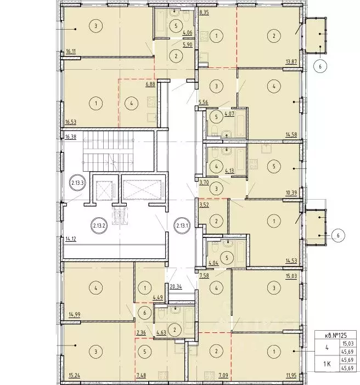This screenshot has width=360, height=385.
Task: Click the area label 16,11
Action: pos(71,52)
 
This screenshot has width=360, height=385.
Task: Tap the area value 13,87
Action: pos(291,62)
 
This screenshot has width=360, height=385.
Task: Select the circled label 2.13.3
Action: pos(78,183)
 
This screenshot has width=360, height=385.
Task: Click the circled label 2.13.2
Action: pos(99,225)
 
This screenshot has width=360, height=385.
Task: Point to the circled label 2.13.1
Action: pos(182,225)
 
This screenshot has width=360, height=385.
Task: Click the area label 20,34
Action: pos(176,286)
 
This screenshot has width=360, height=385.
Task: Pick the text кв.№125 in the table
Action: pos(335,335)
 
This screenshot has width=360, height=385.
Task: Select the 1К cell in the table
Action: pos(327,364)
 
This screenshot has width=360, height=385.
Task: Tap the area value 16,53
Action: pos(71,122)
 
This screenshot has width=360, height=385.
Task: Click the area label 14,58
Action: pos(291,134)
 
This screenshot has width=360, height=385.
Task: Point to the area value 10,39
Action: pos(291,193)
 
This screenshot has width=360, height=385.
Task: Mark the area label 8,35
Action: pos(204,13)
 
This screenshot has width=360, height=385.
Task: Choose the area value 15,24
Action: pos(75,376)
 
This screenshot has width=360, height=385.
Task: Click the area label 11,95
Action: pos(291,376)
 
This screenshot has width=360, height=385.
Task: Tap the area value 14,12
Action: pos(71,239)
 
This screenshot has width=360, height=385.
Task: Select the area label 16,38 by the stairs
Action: pos(71,137)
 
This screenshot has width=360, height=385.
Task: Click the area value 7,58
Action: pos(204,276)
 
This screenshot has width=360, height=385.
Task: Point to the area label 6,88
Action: pos(150,84)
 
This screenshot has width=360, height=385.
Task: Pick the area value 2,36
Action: pos(141,333)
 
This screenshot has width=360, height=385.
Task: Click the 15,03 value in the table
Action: pos(347,343)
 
